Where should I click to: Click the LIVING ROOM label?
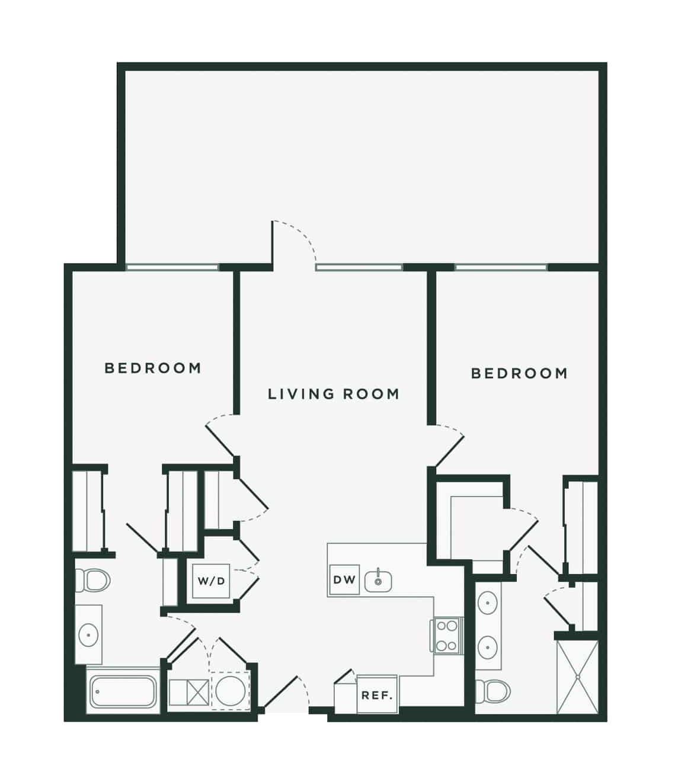[x=333, y=394]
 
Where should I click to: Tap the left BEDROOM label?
[x=152, y=368]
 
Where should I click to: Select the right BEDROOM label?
[x=519, y=373]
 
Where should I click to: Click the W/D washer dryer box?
[x=211, y=581]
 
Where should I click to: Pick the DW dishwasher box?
[x=344, y=579]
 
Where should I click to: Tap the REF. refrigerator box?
[x=378, y=694]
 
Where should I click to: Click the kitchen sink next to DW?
[x=378, y=582]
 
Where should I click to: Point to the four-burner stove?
[x=447, y=636]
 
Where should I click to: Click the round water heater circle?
[x=230, y=691]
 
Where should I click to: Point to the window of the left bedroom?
[x=172, y=267]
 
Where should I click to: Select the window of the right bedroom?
[x=501, y=267]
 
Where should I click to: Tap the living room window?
[x=359, y=267]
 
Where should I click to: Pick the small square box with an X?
[x=199, y=693]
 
